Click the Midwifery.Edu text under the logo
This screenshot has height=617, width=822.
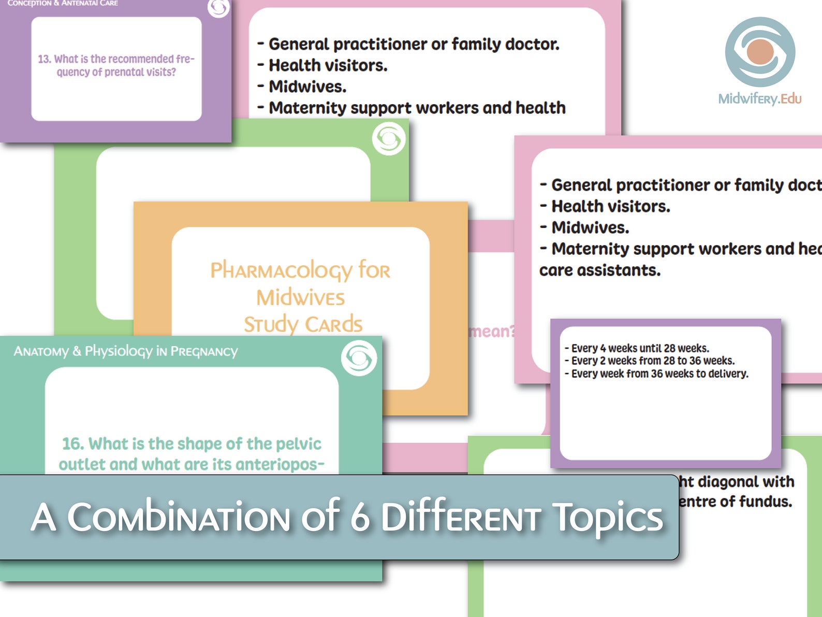759,98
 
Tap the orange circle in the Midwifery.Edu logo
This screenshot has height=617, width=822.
760,52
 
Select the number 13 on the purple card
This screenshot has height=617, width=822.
44,59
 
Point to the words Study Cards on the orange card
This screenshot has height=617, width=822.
303,324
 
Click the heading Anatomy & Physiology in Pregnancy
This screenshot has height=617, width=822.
126,351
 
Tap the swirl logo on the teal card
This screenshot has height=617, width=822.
359,358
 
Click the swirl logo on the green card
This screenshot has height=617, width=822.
389,139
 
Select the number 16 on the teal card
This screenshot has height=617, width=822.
72,444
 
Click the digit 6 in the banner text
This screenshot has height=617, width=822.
360,518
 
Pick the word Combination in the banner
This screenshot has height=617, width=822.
179,518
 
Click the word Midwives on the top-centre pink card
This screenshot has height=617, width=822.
307,87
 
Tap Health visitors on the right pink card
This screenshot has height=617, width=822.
610,206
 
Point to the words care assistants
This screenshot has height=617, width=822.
600,270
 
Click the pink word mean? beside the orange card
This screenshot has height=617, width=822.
491,331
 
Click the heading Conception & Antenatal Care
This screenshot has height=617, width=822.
63,3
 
